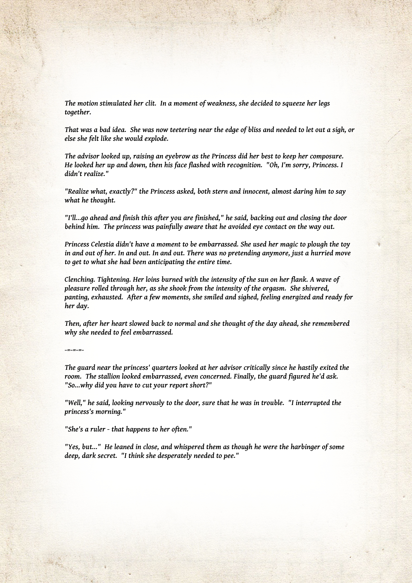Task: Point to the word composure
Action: coord(326,156)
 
